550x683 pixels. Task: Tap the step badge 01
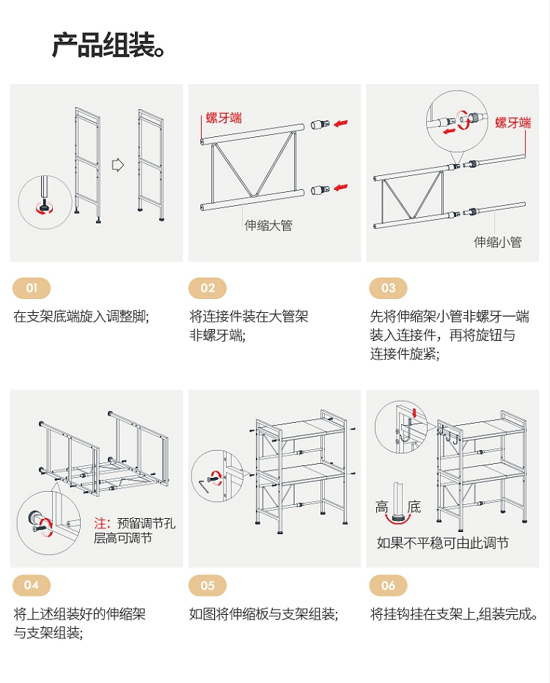32,288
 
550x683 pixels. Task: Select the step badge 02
208,288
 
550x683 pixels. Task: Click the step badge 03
388,288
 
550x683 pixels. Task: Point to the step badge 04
32,585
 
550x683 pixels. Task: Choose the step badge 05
208,585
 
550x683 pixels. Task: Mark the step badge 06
388,585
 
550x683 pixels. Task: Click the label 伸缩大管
268,225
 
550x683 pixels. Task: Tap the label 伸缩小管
497,242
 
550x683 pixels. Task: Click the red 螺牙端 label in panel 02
224,117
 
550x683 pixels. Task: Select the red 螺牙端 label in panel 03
513,122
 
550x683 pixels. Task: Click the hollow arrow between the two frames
118,165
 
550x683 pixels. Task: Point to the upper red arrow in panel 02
341,124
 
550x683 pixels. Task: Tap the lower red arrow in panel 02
341,188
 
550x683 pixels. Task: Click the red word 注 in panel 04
100,523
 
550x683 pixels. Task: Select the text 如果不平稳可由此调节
442,543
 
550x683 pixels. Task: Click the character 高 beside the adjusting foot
382,507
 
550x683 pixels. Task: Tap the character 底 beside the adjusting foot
414,507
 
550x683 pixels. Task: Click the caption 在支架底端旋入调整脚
81,317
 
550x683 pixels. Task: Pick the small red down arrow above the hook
414,412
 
